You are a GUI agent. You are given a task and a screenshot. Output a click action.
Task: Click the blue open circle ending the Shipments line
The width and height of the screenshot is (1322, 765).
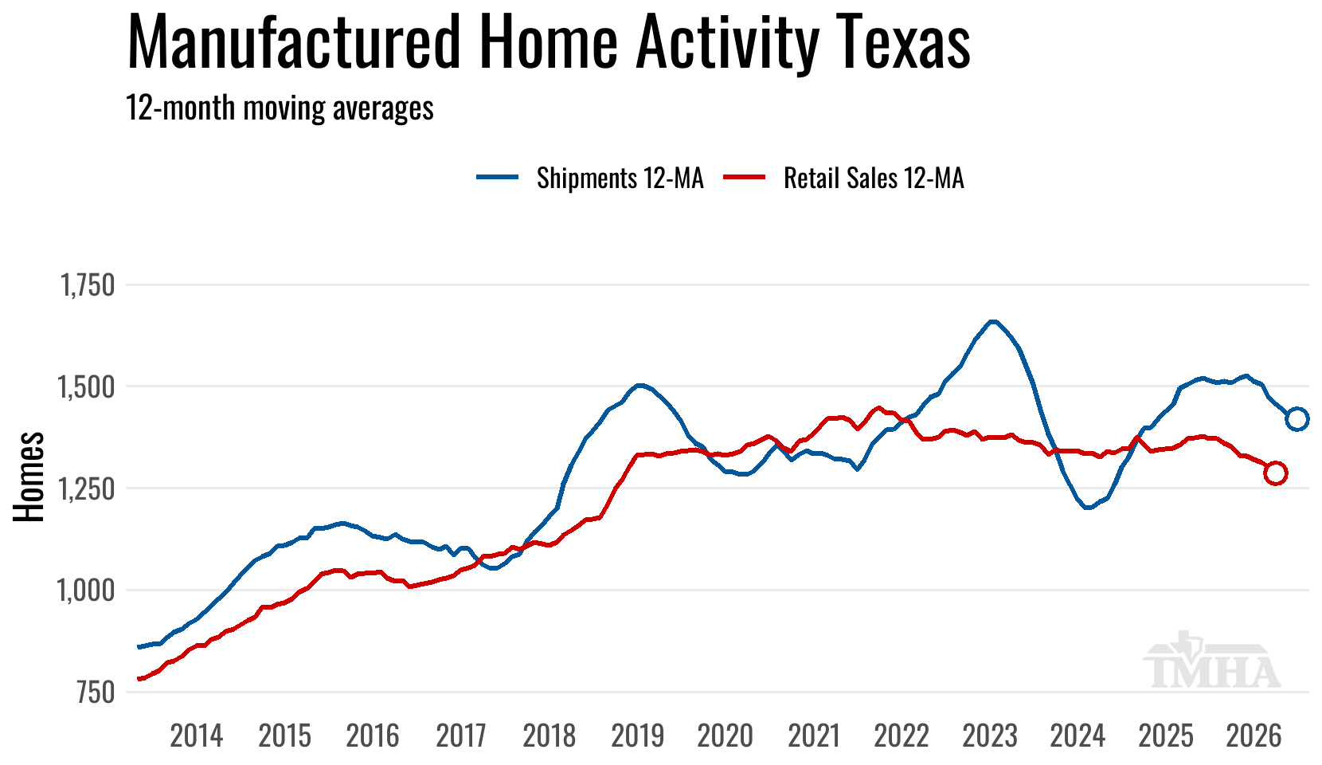[1297, 418]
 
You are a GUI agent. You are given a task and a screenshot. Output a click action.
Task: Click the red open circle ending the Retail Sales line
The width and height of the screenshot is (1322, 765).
[1275, 473]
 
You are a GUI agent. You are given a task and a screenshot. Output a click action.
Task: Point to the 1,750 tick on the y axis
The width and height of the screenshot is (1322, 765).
[88, 285]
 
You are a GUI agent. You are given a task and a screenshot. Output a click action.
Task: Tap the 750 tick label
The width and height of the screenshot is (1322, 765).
[96, 692]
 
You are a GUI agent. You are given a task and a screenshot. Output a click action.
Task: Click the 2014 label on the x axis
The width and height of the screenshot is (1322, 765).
[197, 736]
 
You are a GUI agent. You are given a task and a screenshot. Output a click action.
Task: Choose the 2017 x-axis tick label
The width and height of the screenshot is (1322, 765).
[461, 736]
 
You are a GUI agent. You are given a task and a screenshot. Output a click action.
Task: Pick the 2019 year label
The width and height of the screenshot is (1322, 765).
[638, 736]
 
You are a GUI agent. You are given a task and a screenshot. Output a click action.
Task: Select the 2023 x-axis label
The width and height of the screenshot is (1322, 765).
[990, 736]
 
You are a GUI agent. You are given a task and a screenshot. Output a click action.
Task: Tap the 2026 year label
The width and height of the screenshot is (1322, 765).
[1254, 736]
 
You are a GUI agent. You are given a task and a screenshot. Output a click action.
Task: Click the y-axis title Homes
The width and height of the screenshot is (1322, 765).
[29, 477]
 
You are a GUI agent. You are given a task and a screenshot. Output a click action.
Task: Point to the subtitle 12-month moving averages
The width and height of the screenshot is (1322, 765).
[280, 108]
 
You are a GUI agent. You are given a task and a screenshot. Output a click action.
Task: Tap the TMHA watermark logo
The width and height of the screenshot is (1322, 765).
[1212, 661]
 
